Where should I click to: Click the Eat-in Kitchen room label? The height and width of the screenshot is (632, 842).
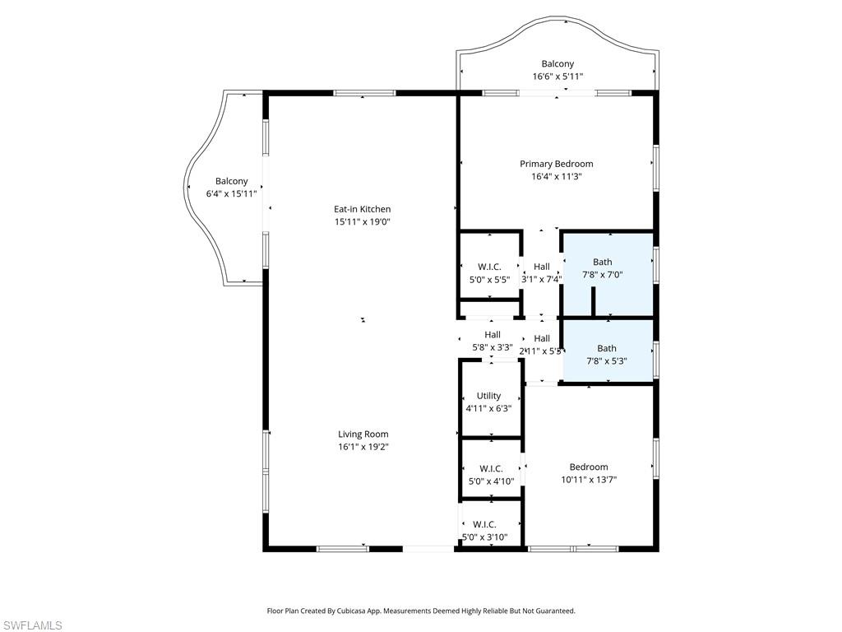363,209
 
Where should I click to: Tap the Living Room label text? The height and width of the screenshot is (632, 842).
363,434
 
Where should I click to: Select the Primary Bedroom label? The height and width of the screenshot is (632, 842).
556,164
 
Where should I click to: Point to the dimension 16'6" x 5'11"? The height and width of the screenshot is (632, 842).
557,77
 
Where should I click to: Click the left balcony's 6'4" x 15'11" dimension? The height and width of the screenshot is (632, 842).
231,193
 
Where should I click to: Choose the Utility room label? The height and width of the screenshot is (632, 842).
488,396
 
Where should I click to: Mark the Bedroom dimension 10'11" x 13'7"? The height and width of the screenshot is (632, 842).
589,480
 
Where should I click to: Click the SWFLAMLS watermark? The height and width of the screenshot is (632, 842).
32,625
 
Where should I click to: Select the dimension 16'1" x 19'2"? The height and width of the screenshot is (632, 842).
363,447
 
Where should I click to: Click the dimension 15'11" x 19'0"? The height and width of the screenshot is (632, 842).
363,221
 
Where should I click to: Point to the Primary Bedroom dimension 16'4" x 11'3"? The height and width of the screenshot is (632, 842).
556,176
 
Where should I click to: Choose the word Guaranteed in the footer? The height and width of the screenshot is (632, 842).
553,611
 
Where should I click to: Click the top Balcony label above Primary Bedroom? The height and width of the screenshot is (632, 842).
557,63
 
